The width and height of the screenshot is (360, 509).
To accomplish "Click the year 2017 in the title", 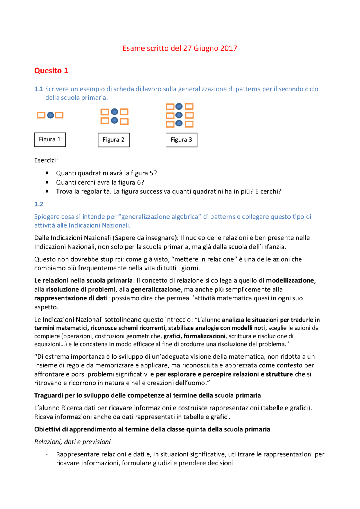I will coord(229,48).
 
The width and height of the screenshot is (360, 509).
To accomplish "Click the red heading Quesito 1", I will coord(51,71).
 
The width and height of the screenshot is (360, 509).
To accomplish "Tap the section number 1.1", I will coord(39,89).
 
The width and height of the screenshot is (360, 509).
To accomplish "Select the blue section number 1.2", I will coord(39,204).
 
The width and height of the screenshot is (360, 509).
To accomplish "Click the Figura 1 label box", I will coord(50,140).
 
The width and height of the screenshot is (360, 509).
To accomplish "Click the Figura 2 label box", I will coord(114,140).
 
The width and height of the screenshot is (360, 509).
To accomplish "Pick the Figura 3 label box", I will coord(181,140).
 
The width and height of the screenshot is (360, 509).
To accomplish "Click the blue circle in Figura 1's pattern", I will coord(50,115).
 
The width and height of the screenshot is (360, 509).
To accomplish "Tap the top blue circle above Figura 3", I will coord(179,107).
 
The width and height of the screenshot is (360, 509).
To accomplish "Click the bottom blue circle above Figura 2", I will coord(114,121).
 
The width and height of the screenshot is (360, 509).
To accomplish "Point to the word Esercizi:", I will coord(46,160).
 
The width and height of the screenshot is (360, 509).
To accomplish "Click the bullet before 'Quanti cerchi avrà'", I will coord(47,182).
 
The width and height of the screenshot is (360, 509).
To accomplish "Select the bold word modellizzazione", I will coord(290,280).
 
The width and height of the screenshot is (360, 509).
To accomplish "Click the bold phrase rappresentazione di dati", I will coord(71,298).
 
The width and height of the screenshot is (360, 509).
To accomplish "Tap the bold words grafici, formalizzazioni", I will coord(194,336).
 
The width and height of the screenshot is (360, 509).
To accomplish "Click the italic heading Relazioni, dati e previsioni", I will coord(72,442).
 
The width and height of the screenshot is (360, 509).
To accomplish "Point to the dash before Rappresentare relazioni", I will coord(46,454).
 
